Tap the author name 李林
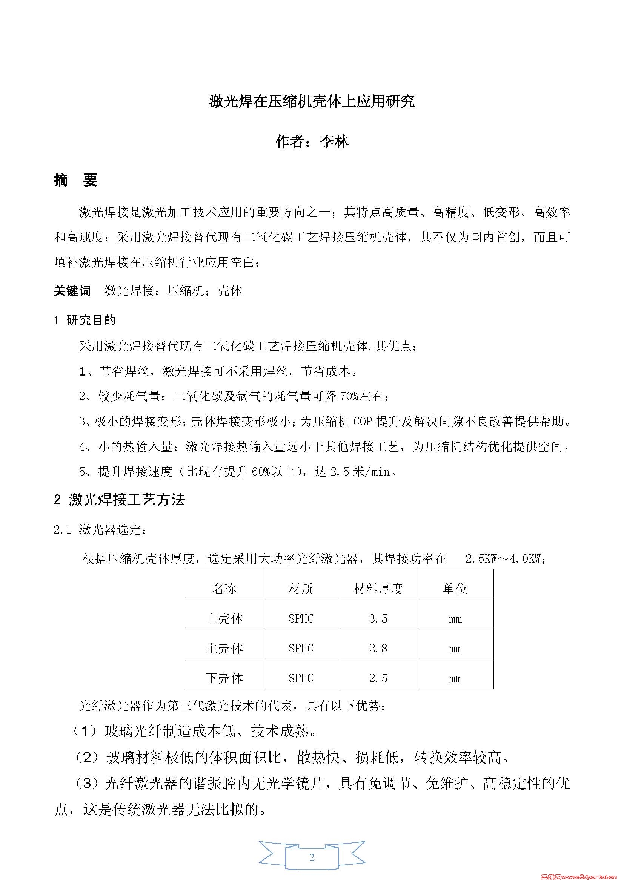[x=334, y=142]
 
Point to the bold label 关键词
[x=72, y=291]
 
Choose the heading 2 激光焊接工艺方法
[x=119, y=500]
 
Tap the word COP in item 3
[x=363, y=422]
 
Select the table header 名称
[x=224, y=589]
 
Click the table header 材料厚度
[x=378, y=589]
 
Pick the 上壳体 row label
[x=224, y=618]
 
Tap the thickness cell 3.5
[x=378, y=618]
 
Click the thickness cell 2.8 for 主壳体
[x=378, y=649]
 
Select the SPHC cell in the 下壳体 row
[x=301, y=678]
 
